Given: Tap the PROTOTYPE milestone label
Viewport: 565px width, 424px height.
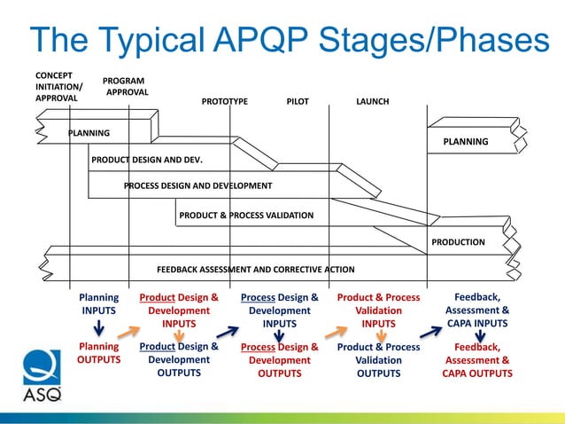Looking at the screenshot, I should coord(225,102).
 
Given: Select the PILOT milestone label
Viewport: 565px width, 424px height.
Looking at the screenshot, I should coord(298,102).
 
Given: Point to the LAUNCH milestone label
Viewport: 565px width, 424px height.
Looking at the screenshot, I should coord(372,102).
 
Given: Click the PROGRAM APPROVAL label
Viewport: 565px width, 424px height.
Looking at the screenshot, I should coord(125,86).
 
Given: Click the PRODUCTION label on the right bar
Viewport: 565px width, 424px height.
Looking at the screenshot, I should coord(458,242).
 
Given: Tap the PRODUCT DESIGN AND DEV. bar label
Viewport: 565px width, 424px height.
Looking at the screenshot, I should coord(147,161).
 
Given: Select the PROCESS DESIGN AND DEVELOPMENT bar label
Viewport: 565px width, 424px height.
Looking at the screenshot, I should coord(197,186).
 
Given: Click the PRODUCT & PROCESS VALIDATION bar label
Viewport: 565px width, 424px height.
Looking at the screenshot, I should coord(246,215).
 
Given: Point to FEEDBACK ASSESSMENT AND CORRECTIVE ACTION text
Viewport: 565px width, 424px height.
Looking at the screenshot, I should coord(255,270).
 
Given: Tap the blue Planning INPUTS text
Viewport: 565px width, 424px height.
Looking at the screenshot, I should coord(98,305).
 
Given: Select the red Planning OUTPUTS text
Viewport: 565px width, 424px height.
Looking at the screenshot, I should coord(98,353).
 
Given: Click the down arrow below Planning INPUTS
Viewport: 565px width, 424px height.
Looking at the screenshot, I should coord(99,330).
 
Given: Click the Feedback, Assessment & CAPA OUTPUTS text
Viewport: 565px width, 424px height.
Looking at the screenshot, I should coord(478,360).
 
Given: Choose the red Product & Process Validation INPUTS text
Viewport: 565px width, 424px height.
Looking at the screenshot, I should coord(378,311).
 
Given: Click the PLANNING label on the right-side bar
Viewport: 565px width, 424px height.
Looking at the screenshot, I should coord(465,142).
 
